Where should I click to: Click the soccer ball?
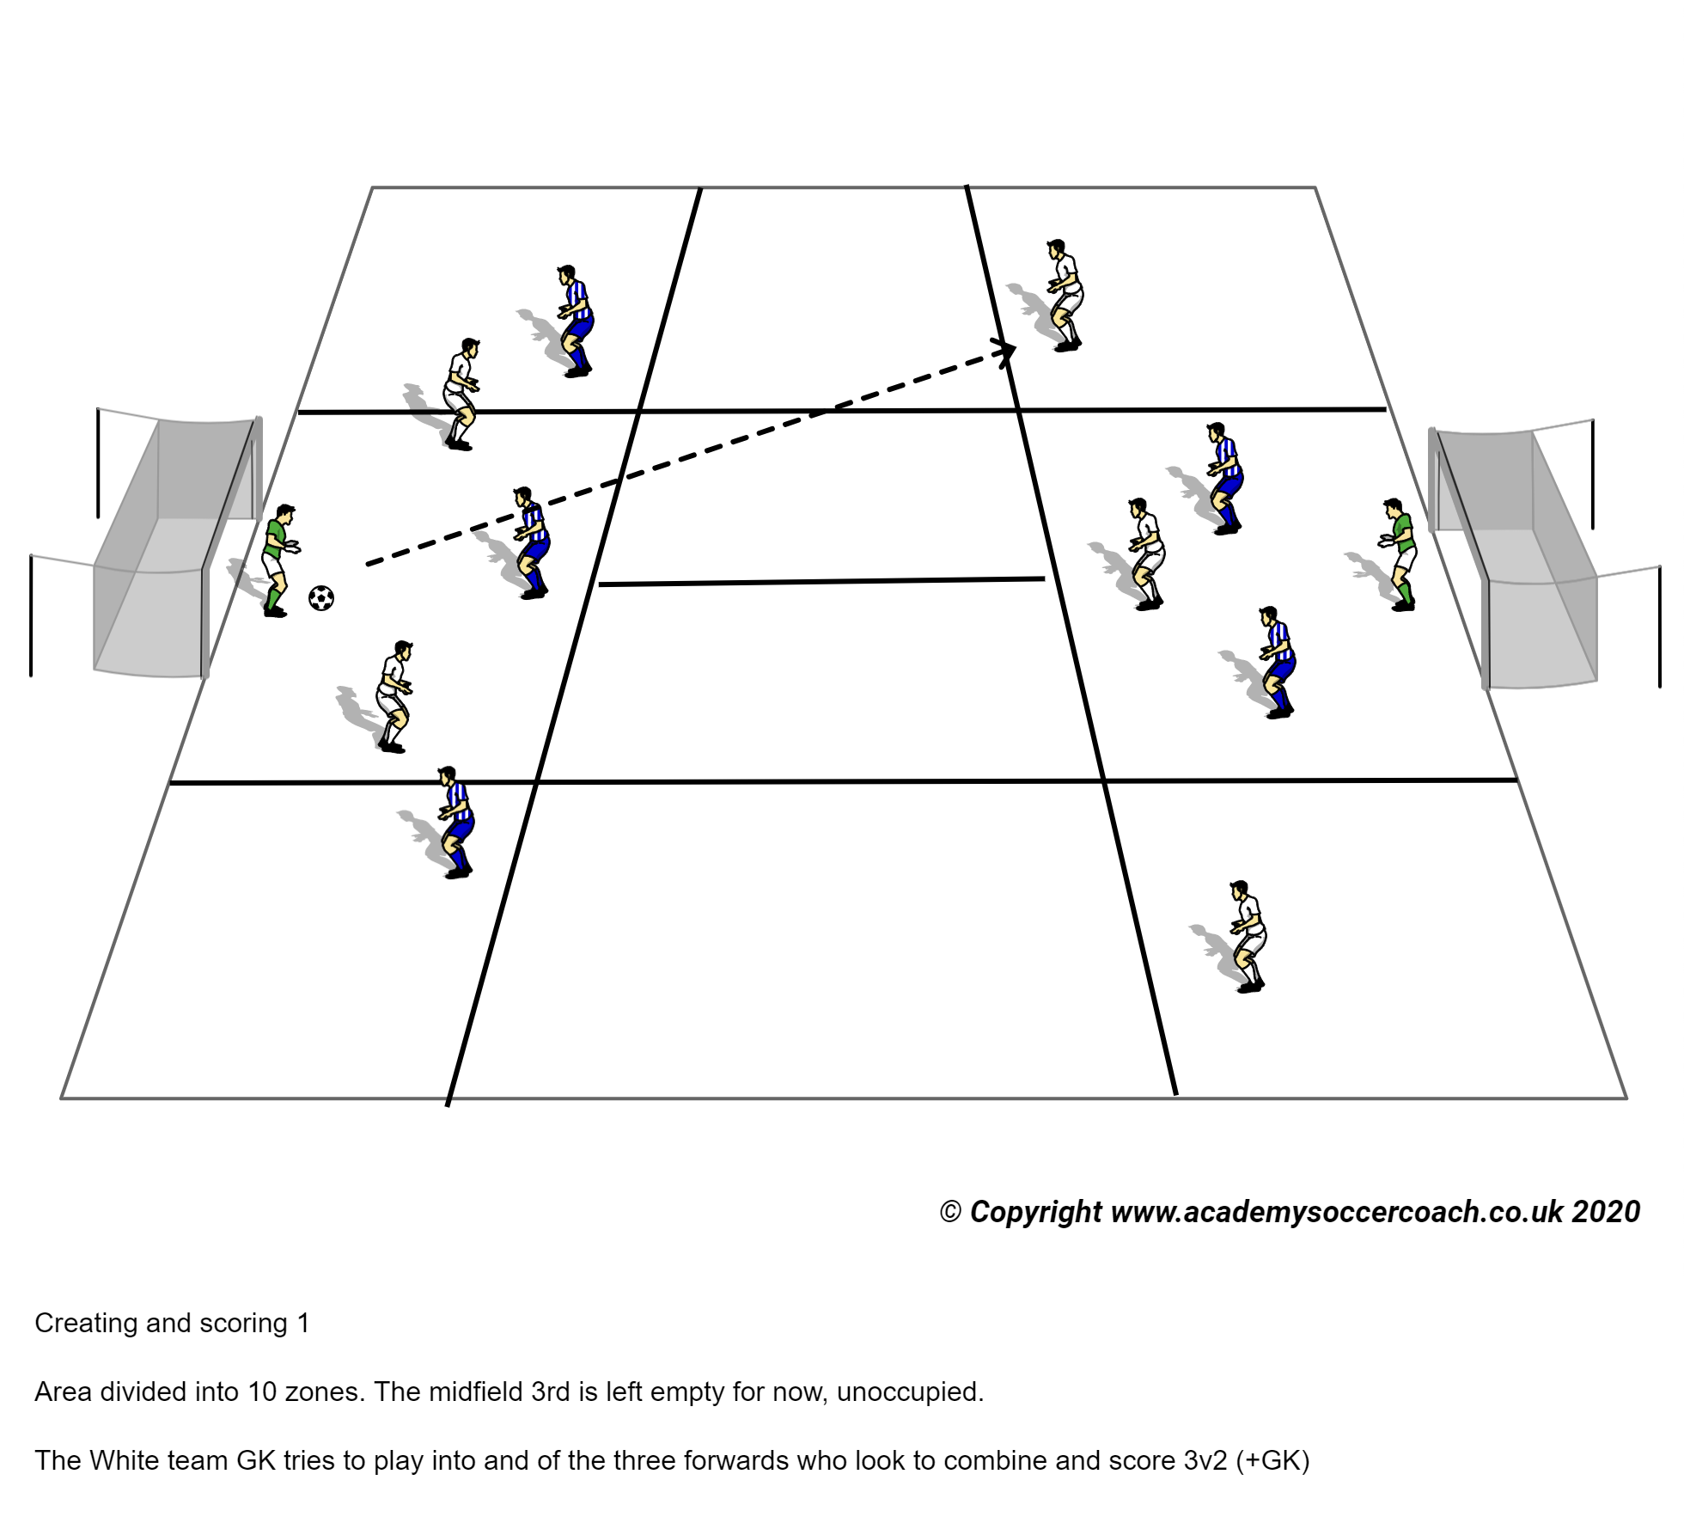(x=320, y=597)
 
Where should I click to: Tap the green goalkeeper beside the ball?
(x=277, y=560)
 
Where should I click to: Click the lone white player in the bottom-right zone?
(x=1248, y=936)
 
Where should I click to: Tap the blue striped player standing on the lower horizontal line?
(x=456, y=822)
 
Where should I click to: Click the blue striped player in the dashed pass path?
(x=532, y=542)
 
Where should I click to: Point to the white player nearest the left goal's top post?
(x=461, y=393)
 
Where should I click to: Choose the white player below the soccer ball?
(x=394, y=696)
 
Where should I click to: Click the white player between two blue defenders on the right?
(x=1146, y=554)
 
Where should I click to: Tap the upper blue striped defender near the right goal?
(x=1225, y=478)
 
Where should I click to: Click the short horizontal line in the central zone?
(x=821, y=582)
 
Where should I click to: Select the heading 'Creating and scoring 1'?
(x=172, y=1323)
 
